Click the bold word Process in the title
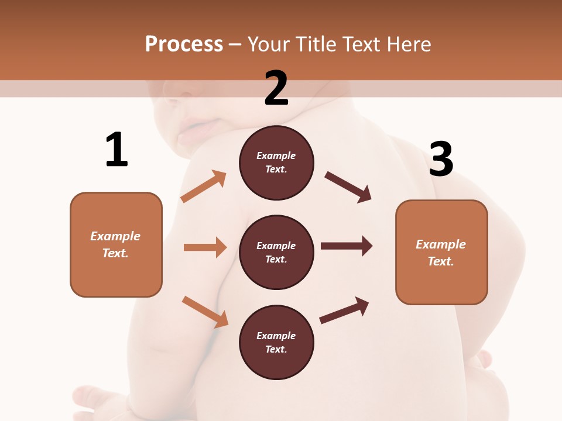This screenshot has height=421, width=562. click(x=184, y=44)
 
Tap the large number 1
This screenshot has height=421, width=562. click(x=116, y=150)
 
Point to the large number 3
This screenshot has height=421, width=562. click(x=441, y=160)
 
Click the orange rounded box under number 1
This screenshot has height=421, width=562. click(x=116, y=244)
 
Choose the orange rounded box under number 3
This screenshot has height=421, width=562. click(x=441, y=252)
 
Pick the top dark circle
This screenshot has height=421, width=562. click(x=276, y=163)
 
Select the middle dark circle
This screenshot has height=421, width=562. click(x=276, y=252)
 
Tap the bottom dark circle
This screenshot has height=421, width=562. click(x=276, y=342)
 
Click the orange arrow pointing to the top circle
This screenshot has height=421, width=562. click(x=204, y=187)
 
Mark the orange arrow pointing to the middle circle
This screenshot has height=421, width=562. click(x=205, y=247)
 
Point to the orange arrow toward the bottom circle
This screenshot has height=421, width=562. click(x=205, y=312)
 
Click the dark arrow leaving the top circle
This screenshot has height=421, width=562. click(x=348, y=187)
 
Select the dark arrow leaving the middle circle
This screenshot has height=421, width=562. click(x=347, y=246)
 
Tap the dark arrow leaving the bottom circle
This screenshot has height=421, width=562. click(x=344, y=310)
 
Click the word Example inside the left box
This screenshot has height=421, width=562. click(x=115, y=236)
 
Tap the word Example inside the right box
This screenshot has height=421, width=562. click(x=441, y=244)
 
